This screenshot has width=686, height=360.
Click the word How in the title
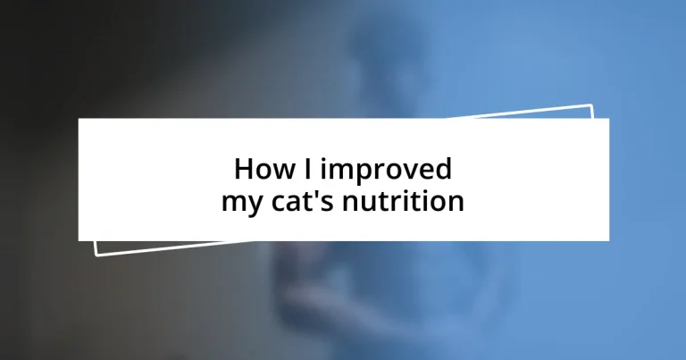click(261, 169)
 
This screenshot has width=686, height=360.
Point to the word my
click(238, 203)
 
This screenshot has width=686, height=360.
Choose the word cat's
click(301, 201)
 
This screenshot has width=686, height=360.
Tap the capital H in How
click(243, 169)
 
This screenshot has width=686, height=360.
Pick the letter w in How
click(278, 171)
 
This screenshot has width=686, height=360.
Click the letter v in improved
click(409, 171)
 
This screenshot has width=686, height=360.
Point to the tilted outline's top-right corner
click(592, 105)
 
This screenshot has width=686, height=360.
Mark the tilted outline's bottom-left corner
click(96, 255)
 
